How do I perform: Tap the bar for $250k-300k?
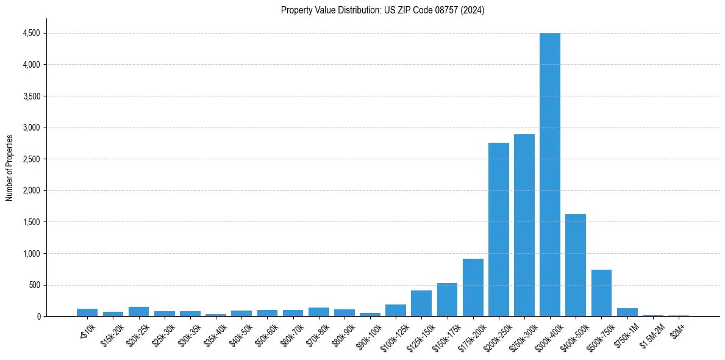(x=524, y=225)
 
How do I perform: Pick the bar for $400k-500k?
(x=575, y=265)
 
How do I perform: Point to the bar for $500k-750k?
(x=601, y=293)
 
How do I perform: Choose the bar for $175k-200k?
(x=473, y=287)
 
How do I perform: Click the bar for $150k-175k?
(x=447, y=300)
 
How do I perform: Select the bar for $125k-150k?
(x=421, y=303)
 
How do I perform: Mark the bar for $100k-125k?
(x=395, y=310)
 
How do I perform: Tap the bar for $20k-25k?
(x=138, y=311)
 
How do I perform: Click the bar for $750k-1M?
(x=627, y=312)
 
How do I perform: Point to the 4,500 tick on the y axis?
(x=31, y=33)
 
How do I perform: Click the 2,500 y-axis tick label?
(x=31, y=159)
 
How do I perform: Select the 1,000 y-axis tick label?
(x=31, y=253)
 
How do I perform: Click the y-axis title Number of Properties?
(x=9, y=167)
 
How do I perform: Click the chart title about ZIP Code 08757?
(x=382, y=10)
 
